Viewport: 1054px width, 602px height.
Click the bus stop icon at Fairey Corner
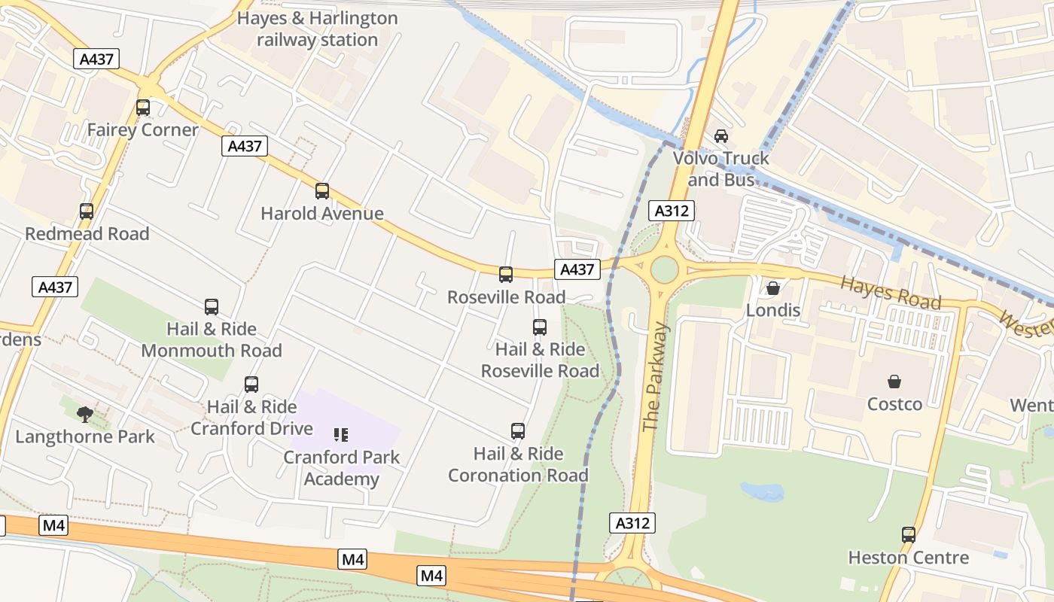tap(143, 108)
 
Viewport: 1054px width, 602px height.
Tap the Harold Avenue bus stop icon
tap(322, 191)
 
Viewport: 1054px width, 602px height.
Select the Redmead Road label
tap(87, 234)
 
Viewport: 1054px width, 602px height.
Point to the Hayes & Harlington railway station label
tap(317, 29)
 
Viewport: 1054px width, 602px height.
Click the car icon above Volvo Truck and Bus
tap(721, 136)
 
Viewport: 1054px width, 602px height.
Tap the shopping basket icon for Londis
tap(773, 288)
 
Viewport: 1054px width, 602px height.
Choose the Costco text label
tap(894, 404)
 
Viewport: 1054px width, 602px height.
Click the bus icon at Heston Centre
tap(909, 535)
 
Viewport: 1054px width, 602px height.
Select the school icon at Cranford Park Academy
tap(341, 435)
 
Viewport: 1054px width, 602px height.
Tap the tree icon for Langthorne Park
tap(85, 414)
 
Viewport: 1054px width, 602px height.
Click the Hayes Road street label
tap(891, 292)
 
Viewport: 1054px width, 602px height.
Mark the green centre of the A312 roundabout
tap(664, 269)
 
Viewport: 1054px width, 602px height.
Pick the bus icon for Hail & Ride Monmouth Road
tap(212, 307)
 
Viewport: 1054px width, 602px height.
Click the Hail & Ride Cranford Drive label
tap(251, 418)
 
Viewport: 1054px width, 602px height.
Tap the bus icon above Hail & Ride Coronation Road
tap(518, 431)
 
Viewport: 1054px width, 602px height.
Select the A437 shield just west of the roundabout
tap(577, 269)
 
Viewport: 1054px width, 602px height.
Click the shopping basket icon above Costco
tap(894, 382)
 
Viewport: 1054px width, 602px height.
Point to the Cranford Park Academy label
tap(342, 468)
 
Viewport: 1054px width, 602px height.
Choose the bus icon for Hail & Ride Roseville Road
tap(540, 327)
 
